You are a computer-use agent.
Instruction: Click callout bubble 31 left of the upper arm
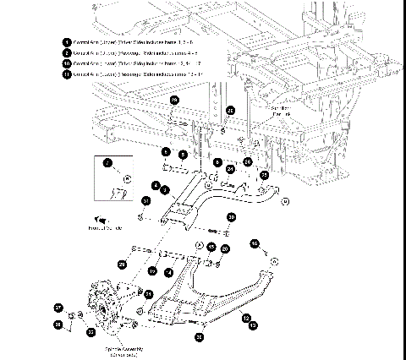(x=146, y=201)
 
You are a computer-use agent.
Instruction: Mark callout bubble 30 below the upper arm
(x=230, y=218)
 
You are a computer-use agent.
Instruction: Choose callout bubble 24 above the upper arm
(x=230, y=168)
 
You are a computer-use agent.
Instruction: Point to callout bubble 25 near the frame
(x=263, y=175)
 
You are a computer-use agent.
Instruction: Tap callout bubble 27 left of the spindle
(x=58, y=308)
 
